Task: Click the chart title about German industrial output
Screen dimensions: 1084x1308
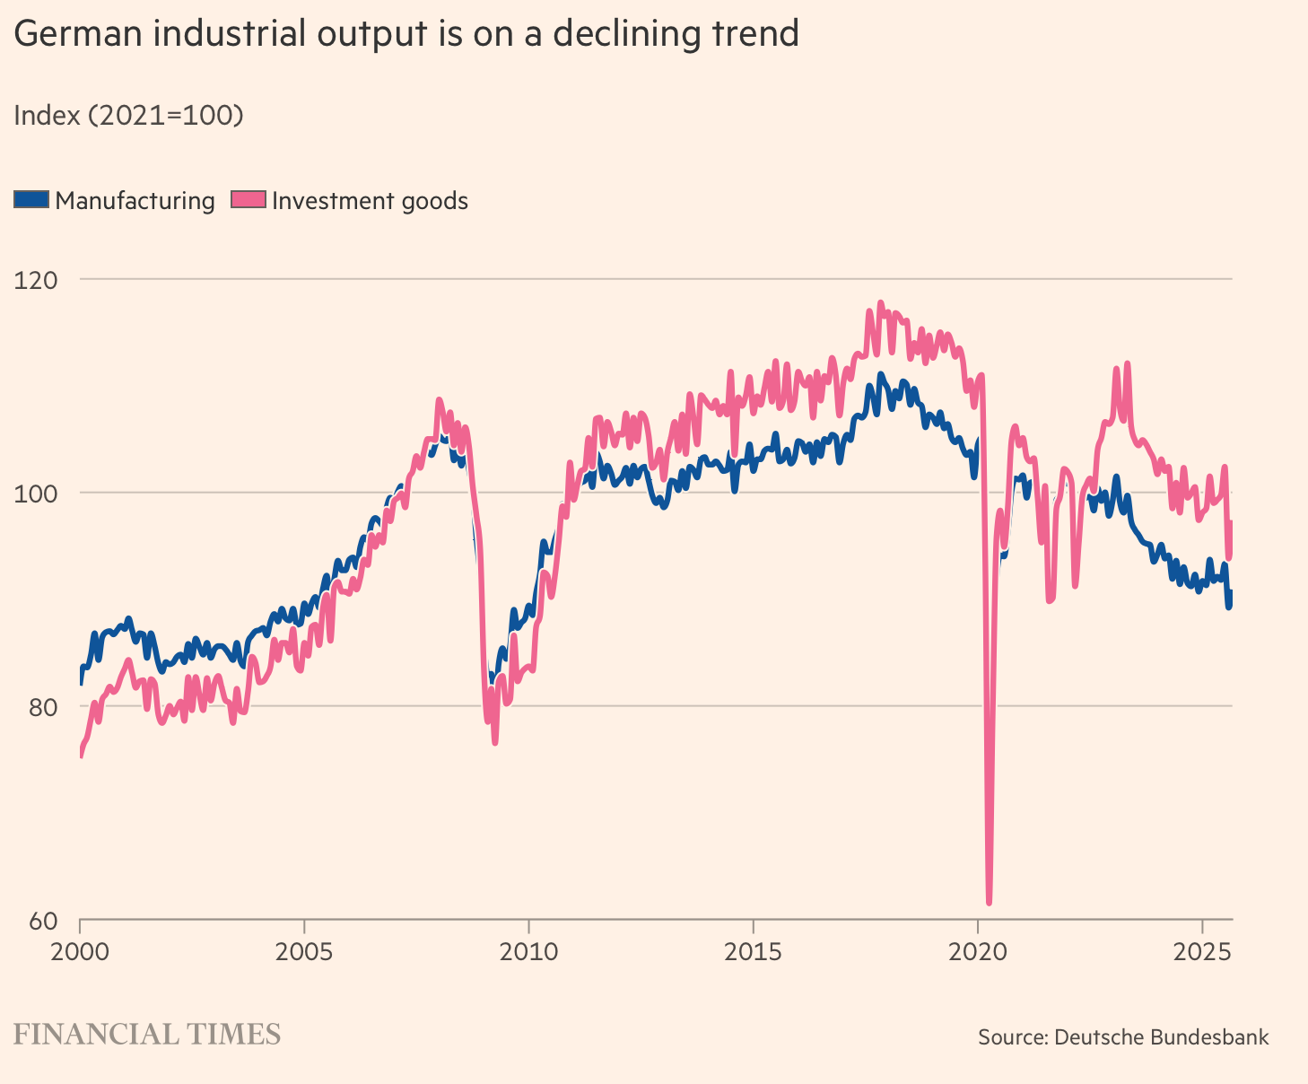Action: [x=405, y=35]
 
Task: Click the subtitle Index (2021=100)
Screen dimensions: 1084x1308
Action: [x=128, y=116]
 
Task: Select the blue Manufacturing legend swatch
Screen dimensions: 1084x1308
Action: [x=31, y=200]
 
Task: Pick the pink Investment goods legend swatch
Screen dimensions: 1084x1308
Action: [x=249, y=200]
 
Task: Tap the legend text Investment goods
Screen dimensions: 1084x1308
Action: [x=370, y=201]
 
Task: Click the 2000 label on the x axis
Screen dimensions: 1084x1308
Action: [x=80, y=950]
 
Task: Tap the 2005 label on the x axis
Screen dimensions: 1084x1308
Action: [x=304, y=950]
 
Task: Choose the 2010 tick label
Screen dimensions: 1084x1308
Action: [x=528, y=950]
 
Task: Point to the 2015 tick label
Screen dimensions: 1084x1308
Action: [x=753, y=950]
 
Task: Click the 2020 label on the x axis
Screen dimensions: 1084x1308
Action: [x=977, y=950]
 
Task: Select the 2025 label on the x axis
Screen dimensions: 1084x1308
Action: [x=1201, y=950]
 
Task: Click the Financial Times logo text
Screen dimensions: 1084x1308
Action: [x=147, y=1035]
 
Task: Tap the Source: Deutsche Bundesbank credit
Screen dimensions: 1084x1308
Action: [x=1123, y=1037]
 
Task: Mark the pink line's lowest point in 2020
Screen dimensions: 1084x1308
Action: [x=989, y=901]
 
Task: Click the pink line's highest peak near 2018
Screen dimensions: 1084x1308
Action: [x=880, y=303]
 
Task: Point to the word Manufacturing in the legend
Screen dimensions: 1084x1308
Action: [x=135, y=201]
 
